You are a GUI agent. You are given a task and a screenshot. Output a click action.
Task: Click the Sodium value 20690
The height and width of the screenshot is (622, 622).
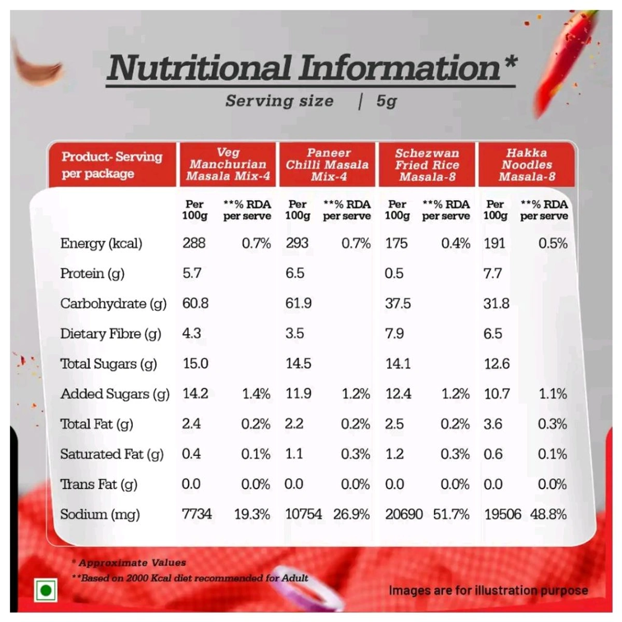click(404, 514)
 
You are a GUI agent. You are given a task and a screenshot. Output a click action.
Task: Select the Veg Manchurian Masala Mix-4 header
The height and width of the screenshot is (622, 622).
click(228, 164)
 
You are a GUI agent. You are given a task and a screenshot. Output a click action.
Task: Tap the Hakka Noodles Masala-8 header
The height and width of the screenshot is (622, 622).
click(527, 165)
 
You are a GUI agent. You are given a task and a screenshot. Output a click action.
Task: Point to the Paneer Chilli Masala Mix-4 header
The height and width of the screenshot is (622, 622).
click(328, 165)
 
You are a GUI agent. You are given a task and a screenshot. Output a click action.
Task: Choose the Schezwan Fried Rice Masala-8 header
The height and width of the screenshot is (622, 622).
click(427, 165)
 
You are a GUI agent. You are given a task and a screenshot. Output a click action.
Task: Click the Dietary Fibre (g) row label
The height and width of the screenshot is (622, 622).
click(110, 334)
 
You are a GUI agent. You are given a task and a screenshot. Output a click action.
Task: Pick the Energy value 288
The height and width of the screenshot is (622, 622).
click(194, 243)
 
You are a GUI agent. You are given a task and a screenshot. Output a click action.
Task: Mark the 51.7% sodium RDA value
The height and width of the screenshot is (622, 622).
click(451, 514)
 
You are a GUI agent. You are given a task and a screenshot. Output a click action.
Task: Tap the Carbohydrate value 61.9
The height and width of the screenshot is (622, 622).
click(299, 303)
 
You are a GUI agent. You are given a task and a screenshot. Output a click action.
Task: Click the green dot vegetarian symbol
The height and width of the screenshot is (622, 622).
click(46, 590)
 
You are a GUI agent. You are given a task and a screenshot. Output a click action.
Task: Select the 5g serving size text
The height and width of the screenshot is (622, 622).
click(387, 101)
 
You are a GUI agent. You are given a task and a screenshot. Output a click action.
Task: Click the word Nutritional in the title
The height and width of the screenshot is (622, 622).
click(199, 68)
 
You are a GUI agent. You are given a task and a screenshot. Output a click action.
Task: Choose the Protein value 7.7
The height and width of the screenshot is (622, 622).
click(492, 273)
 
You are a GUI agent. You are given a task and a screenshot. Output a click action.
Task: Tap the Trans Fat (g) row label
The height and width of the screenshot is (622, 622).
click(98, 484)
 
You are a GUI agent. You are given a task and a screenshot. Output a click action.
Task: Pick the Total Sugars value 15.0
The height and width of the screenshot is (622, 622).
click(195, 363)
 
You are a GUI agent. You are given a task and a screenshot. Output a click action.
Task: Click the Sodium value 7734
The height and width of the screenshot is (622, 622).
click(197, 514)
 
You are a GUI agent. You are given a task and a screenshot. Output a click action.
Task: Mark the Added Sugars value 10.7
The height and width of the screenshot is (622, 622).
click(497, 394)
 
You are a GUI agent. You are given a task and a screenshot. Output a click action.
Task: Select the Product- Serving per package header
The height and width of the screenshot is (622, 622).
click(112, 165)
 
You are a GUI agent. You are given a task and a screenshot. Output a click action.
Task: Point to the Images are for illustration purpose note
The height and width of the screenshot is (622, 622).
click(488, 590)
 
